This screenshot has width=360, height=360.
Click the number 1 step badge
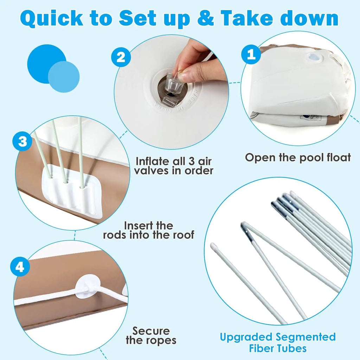[x=251, y=54]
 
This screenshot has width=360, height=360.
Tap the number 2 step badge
[x=121, y=57]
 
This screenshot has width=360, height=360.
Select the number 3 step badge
[x=22, y=141]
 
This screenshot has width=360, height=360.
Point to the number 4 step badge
[x=20, y=266]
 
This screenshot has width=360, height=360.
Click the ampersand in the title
[x=206, y=18]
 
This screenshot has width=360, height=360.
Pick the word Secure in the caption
[x=151, y=331]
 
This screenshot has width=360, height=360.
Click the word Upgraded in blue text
[x=246, y=337]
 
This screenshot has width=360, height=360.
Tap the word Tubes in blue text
[x=291, y=348]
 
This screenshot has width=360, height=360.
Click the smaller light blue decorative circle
[x=64, y=77]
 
